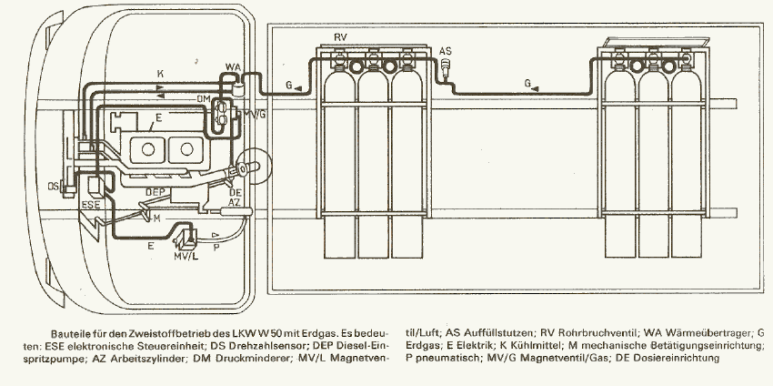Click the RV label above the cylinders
coord(340,37)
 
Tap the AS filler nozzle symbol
coord(446,66)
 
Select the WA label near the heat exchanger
coord(233,66)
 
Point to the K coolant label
coord(160,74)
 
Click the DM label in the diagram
coord(204,99)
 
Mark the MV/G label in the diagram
coord(255,115)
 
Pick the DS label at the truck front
coord(54,186)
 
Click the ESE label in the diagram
coord(90,204)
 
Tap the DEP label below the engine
coord(156,192)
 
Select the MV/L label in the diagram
coord(186,257)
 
